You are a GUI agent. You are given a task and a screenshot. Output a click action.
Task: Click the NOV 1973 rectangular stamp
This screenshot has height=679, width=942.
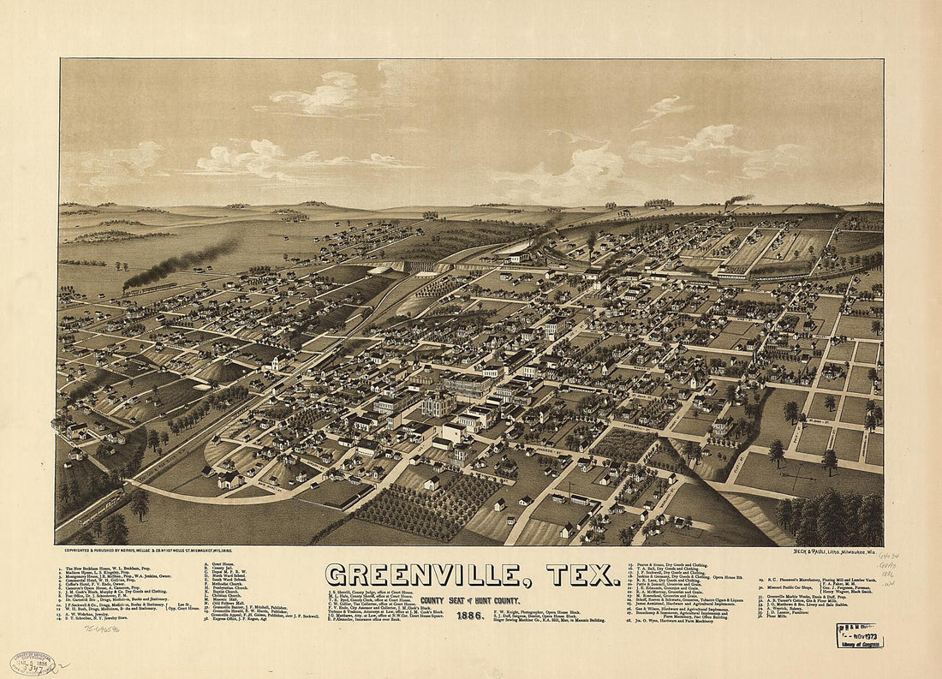click(x=860, y=635)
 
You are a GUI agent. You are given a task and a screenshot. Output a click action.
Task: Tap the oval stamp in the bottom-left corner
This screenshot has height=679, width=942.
click(x=32, y=663)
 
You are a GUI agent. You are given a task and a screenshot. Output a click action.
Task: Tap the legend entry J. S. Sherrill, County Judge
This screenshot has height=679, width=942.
click(x=368, y=591)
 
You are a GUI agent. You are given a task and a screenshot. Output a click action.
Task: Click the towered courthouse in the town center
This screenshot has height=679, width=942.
click(x=438, y=401)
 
